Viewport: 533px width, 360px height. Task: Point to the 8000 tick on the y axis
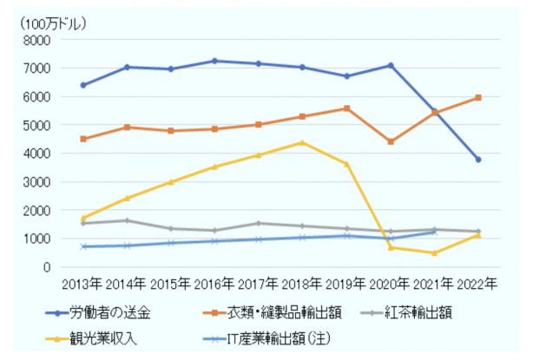(38, 40)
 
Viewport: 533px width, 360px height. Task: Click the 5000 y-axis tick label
(38, 125)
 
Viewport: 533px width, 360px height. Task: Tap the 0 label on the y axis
(48, 267)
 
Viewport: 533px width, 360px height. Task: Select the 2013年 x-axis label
(82, 284)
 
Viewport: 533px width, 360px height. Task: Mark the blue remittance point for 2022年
(477, 160)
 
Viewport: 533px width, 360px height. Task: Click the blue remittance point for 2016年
(214, 61)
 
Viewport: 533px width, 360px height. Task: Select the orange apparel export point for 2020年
(390, 141)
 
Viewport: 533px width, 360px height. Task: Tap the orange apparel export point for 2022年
(477, 98)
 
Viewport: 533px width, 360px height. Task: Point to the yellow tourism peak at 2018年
(302, 142)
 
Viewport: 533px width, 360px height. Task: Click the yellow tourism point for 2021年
(434, 253)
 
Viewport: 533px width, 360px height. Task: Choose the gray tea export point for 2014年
(127, 220)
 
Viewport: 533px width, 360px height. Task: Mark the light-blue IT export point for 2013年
(83, 246)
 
